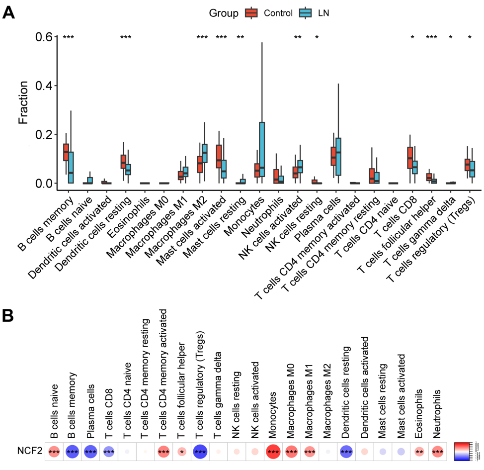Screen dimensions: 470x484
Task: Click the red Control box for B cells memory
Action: click(66, 152)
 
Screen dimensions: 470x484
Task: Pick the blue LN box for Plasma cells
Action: click(339, 156)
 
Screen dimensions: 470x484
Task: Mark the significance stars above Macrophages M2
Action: click(202, 37)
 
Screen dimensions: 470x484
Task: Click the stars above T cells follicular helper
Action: click(431, 37)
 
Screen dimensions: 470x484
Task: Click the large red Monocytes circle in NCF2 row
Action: click(273, 452)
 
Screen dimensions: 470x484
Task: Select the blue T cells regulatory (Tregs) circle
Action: click(201, 452)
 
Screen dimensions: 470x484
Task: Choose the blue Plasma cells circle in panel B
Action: click(90, 452)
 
